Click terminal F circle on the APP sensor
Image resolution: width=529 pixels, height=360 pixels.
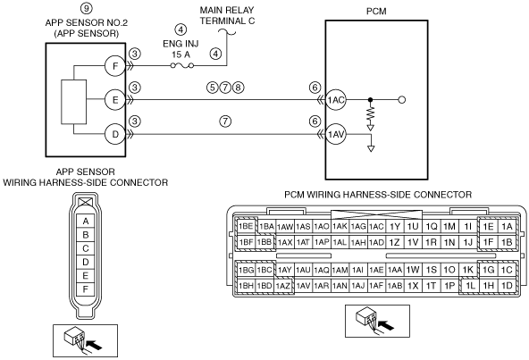point(115,66)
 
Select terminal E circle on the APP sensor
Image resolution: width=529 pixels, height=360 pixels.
point(115,100)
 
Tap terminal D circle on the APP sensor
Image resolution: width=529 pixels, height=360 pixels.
point(115,134)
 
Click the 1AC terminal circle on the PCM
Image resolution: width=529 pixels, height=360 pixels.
point(336,100)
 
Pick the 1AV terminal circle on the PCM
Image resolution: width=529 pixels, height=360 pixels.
point(336,135)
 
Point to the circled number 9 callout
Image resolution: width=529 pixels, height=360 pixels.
point(87,8)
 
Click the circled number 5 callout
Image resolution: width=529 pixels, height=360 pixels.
point(212,88)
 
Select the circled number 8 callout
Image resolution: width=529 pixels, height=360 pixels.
point(238,88)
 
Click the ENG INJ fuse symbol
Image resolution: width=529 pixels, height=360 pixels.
point(182,65)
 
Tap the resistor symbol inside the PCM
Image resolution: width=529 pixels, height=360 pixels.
point(371,114)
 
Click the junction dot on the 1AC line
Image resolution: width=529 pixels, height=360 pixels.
point(371,100)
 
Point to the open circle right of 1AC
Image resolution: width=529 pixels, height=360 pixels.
point(402,100)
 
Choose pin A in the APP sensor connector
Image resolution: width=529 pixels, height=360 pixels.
point(86,222)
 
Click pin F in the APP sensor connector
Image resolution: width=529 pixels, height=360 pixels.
point(86,289)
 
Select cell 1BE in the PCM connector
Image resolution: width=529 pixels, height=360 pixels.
point(246,226)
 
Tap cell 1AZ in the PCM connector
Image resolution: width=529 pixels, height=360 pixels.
point(282,286)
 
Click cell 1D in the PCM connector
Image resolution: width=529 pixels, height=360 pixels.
point(507,286)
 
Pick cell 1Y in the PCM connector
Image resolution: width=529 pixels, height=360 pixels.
point(395,226)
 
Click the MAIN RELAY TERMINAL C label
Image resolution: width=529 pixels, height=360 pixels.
point(227,15)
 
